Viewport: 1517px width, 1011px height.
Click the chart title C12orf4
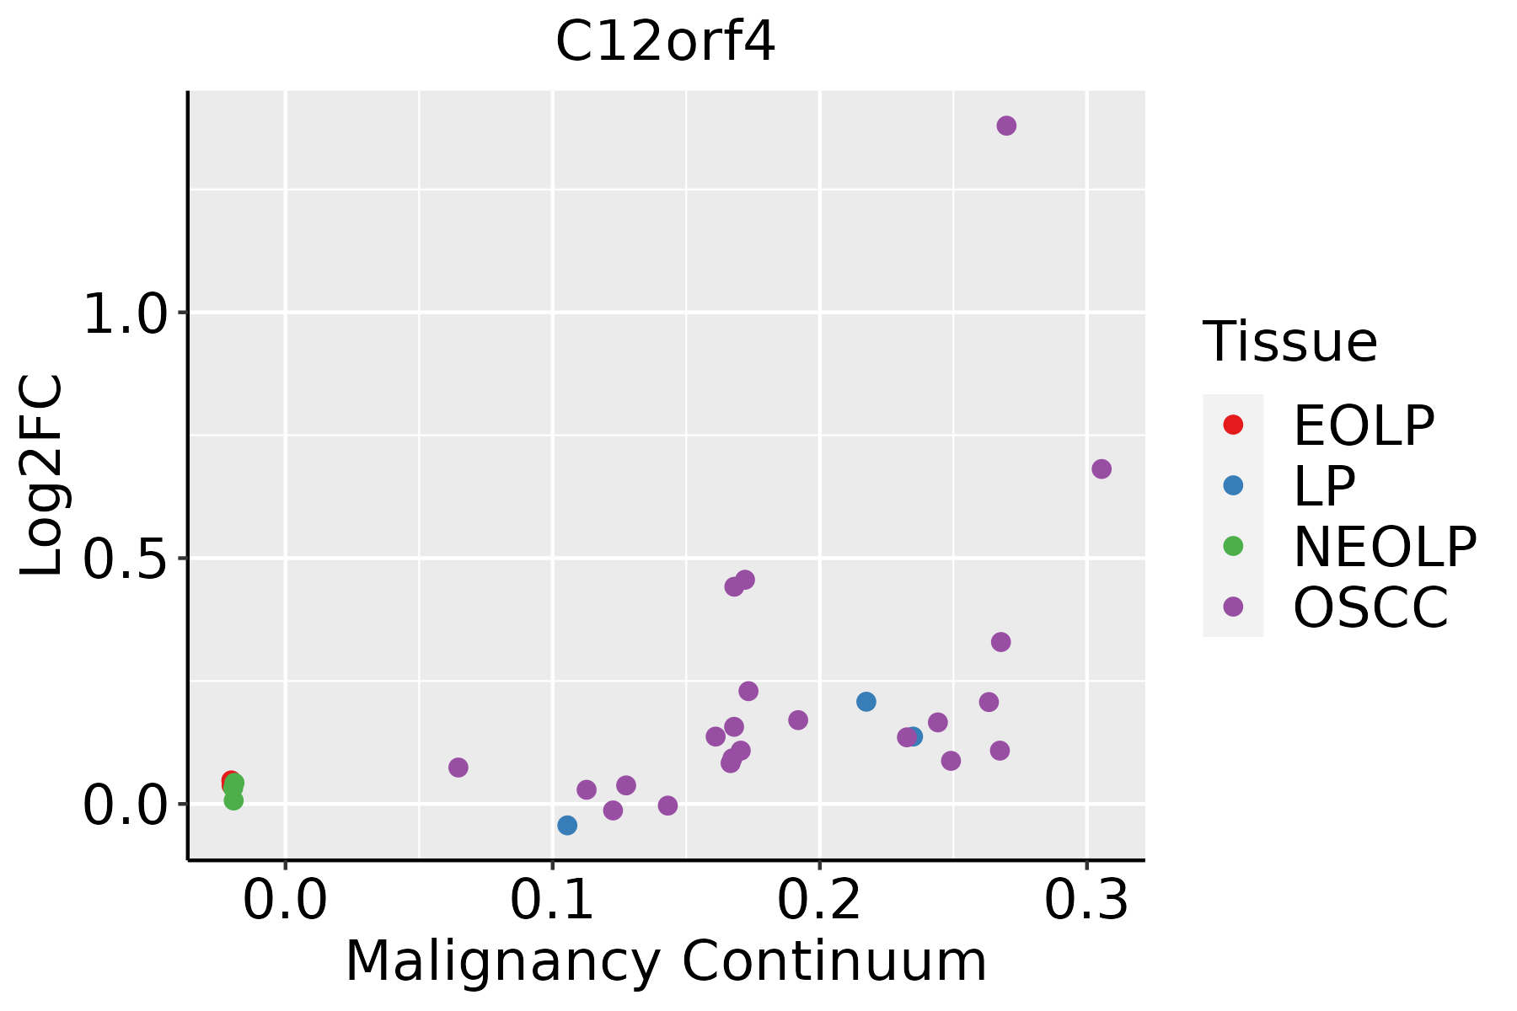pos(665,42)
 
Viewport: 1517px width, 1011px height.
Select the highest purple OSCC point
pos(1006,126)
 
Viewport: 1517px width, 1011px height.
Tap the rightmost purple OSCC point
pos(1102,468)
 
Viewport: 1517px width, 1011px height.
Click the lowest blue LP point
pos(567,825)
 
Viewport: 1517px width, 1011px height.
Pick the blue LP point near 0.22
pos(866,701)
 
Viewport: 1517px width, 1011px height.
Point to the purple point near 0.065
pos(458,767)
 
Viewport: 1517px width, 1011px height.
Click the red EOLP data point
pos(229,781)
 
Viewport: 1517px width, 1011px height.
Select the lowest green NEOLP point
pos(233,800)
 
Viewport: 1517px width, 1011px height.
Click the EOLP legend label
pos(1364,425)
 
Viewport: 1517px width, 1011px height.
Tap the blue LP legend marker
pos(1233,485)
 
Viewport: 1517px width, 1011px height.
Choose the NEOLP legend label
pos(1385,547)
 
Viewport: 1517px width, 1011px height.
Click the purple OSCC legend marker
pos(1233,607)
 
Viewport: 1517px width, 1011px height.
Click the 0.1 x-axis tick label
pos(552,901)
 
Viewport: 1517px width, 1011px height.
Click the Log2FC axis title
pos(42,475)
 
